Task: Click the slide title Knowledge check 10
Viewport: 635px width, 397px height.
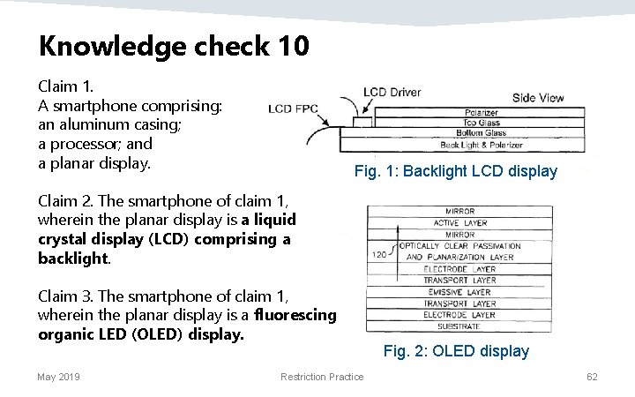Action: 174,45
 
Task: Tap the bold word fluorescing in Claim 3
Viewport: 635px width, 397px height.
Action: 295,315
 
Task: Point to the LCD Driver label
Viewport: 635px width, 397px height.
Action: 392,93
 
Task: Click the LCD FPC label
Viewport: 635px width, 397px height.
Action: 292,109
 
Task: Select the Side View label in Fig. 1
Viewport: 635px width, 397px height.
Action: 538,98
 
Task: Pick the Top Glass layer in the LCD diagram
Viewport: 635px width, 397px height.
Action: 482,123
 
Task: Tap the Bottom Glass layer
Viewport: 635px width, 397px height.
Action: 482,133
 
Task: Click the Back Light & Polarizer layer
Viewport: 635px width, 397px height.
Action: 482,145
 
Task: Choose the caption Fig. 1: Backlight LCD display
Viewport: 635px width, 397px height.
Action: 455,171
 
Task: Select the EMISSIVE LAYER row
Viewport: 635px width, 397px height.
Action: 459,292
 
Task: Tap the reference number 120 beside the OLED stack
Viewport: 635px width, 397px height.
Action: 381,253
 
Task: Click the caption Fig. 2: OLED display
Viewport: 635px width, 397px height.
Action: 456,351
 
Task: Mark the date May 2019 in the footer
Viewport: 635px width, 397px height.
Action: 58,378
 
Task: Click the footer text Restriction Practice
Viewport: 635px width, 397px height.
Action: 322,378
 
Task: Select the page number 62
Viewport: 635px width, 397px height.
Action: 592,378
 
